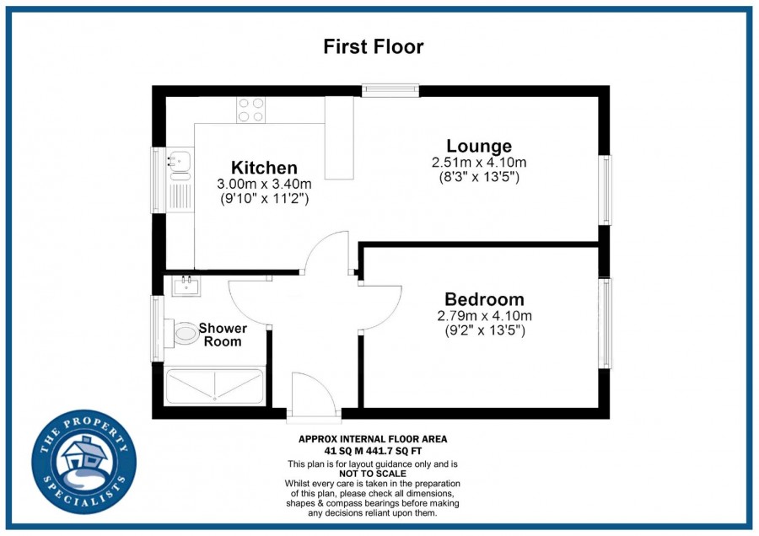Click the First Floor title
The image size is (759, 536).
click(x=374, y=47)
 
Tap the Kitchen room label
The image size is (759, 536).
click(x=264, y=168)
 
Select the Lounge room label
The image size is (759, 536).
click(x=479, y=146)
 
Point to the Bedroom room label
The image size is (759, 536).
click(x=485, y=299)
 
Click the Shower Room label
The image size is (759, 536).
click(x=223, y=335)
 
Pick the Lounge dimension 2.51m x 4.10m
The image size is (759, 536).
click(x=479, y=163)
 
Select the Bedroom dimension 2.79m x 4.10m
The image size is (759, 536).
click(x=485, y=316)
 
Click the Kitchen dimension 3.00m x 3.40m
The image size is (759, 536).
click(x=264, y=185)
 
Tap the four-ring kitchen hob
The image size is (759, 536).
click(x=250, y=110)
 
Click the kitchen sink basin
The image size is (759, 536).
click(x=180, y=161)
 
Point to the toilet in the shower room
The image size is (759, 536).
click(x=182, y=333)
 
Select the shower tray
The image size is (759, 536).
click(x=214, y=386)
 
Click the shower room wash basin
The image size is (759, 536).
click(x=186, y=286)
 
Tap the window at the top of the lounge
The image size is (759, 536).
click(x=390, y=90)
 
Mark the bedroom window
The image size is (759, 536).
click(x=605, y=323)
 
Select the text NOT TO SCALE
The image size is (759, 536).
click(x=373, y=474)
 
